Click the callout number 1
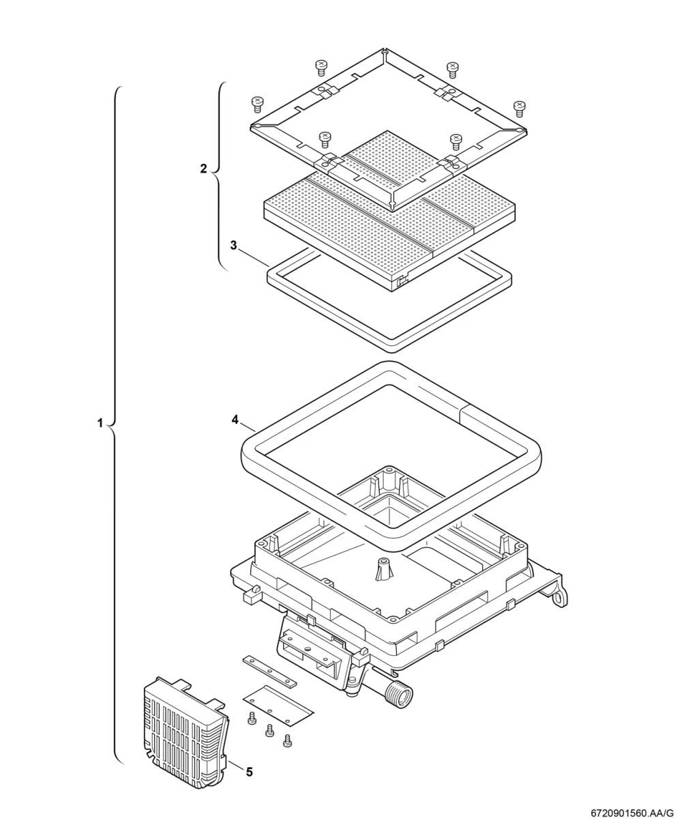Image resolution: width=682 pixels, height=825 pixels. [x=100, y=423]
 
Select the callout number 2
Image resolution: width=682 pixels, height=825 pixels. [x=203, y=169]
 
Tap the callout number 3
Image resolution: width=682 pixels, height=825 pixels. [x=234, y=246]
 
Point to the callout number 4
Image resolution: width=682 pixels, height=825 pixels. [x=235, y=420]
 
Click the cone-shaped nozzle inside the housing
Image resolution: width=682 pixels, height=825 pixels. [x=383, y=570]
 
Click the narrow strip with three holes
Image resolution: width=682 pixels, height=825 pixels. [x=270, y=671]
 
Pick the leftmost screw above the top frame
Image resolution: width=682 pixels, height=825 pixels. [x=257, y=104]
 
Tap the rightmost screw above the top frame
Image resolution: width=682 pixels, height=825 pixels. [x=520, y=109]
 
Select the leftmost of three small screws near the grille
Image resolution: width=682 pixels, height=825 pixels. [x=251, y=719]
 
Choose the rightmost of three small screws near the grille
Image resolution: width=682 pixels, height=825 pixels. [x=288, y=741]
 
